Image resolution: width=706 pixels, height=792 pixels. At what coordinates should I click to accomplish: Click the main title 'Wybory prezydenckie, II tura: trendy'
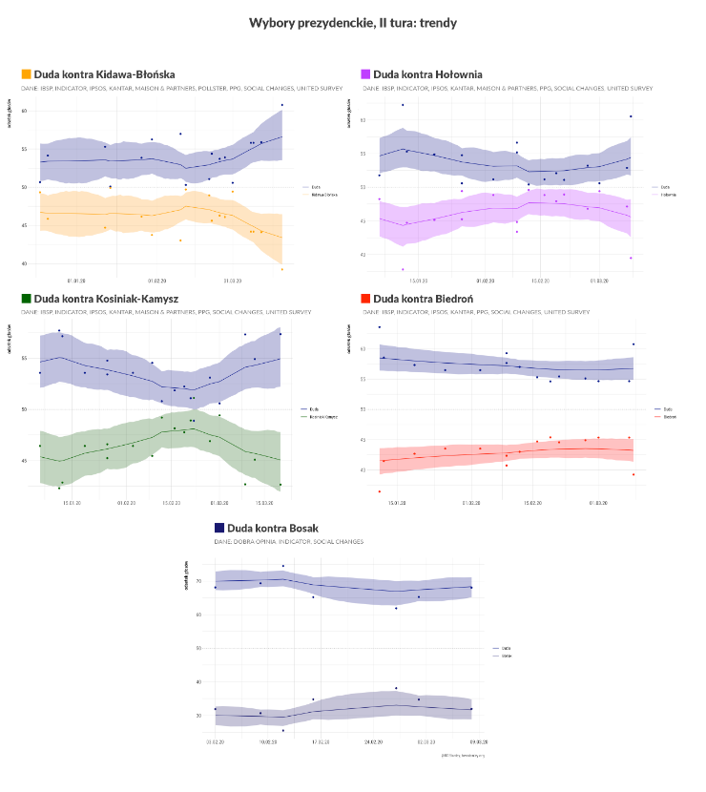352,21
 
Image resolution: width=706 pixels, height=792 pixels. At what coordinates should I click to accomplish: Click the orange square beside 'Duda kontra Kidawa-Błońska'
26,73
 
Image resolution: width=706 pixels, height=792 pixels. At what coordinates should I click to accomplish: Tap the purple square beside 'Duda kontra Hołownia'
366,73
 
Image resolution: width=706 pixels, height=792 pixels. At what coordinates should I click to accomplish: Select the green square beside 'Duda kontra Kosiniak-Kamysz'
26,299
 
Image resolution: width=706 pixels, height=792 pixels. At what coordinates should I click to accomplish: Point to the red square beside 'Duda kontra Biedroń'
366,299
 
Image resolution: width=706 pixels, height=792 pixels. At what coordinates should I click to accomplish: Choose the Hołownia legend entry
665,193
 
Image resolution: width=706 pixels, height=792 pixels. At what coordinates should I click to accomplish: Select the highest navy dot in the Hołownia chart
403,105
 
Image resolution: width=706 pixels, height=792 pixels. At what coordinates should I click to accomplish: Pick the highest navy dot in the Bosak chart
282,566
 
